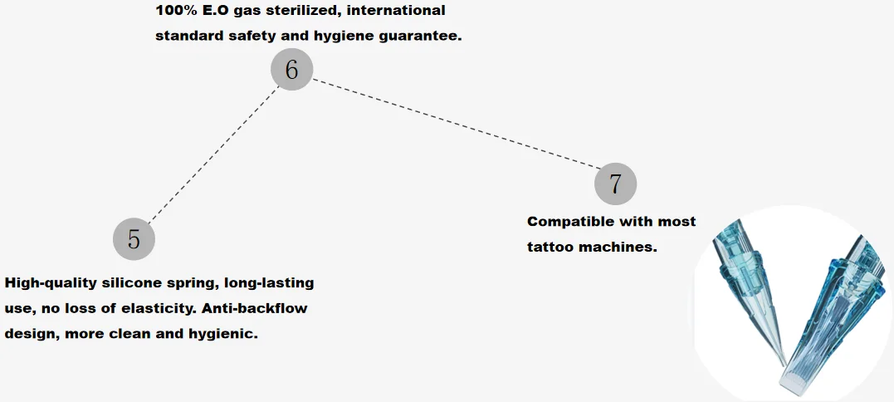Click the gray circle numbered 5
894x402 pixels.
point(134,239)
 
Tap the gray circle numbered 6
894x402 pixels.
point(291,70)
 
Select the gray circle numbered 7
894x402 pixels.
point(615,184)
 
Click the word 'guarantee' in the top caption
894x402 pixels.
point(415,36)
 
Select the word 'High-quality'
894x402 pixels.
point(56,283)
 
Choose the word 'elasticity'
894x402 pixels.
point(154,308)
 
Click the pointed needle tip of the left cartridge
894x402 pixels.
point(783,363)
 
